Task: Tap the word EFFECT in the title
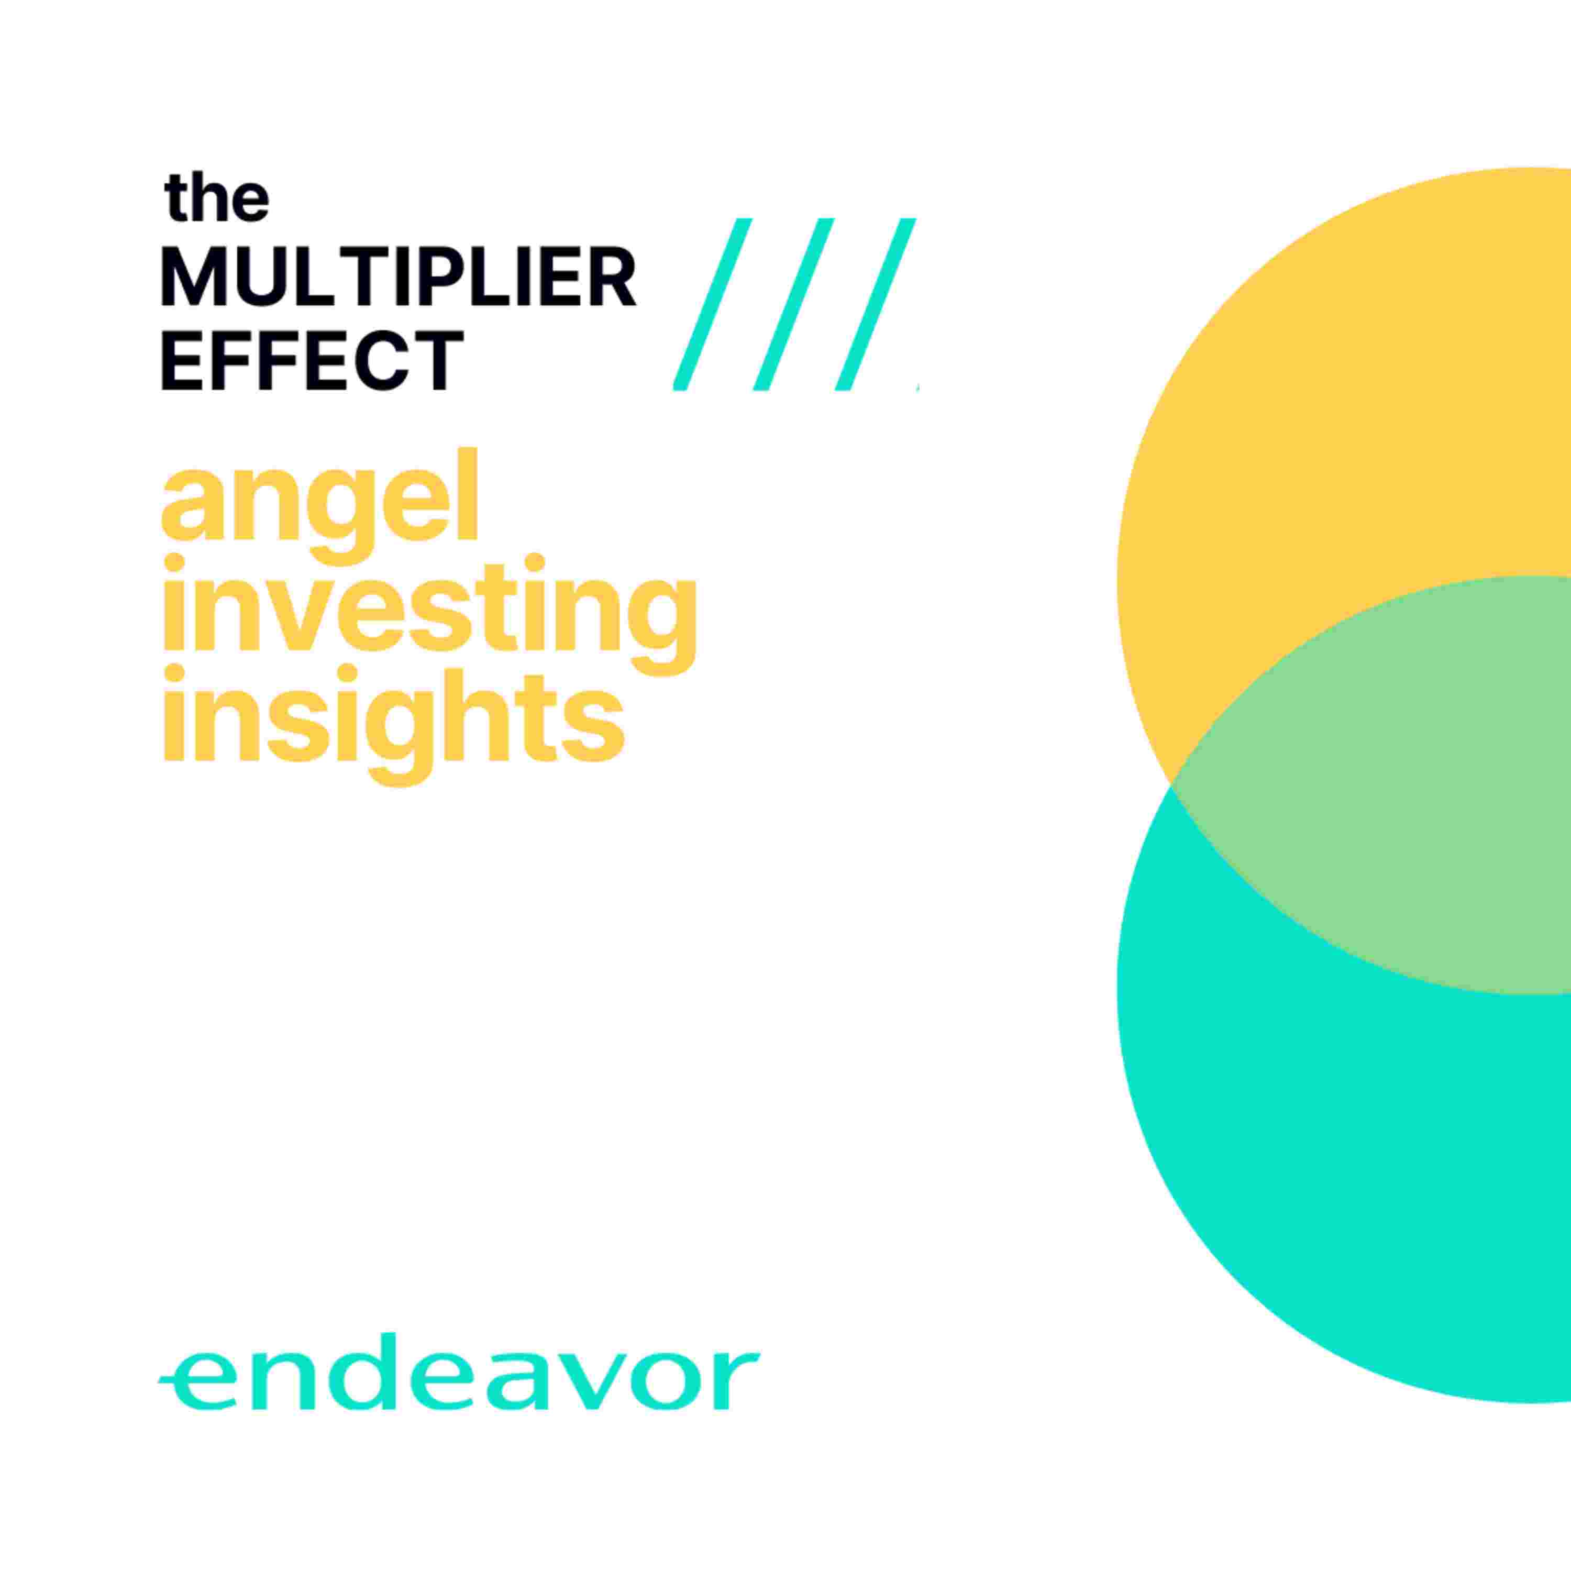click(x=312, y=359)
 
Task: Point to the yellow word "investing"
click(x=430, y=615)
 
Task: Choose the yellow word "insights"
click(x=394, y=725)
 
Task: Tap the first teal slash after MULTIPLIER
click(x=712, y=304)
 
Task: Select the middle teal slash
click(x=794, y=304)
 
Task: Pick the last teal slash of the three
click(x=876, y=304)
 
